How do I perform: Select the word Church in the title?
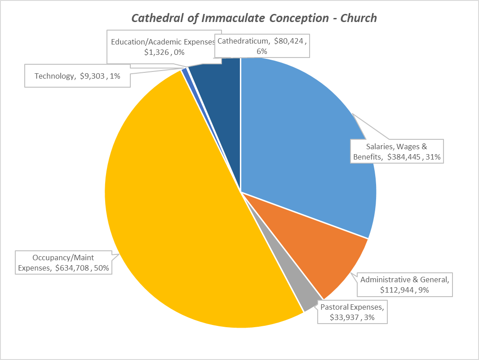pyautogui.click(x=358, y=18)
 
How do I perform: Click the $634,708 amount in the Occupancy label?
pyautogui.click(x=71, y=268)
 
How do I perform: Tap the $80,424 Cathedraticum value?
pyautogui.click(x=291, y=41)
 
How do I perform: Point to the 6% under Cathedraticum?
pyautogui.click(x=262, y=51)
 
